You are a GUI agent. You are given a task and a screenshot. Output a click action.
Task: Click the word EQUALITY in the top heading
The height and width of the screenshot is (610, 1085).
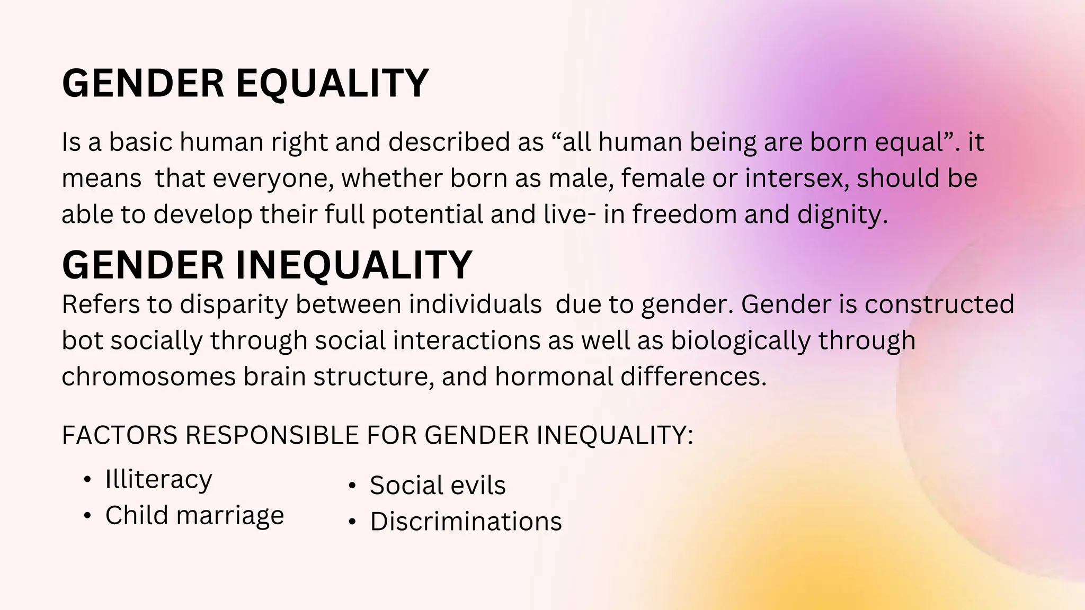[332, 84]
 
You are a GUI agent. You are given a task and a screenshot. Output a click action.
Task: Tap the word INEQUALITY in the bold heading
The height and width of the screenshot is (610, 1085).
[353, 265]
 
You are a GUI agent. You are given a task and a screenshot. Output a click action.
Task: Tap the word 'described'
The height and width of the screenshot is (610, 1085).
[449, 142]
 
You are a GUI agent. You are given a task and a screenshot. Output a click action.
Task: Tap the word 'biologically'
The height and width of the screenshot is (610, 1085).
[740, 341]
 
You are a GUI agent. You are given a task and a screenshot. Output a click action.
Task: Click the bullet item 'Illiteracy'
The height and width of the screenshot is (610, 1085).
[158, 480]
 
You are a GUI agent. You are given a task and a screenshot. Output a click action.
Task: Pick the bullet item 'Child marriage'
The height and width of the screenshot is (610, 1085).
[194, 515]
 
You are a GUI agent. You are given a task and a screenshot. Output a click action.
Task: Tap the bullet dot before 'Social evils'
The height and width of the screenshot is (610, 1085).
[352, 486]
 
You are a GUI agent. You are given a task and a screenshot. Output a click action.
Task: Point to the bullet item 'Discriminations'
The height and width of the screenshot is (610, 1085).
[466, 522]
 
